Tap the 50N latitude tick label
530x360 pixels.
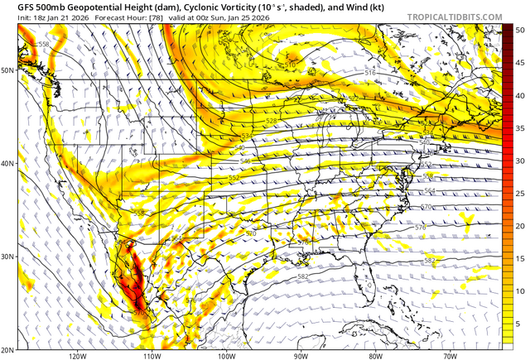(x=8, y=70)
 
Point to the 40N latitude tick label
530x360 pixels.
(x=8, y=163)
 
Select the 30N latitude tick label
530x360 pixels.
(x=8, y=257)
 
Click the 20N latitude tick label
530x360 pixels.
(x=8, y=350)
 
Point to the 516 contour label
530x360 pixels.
(x=370, y=73)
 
